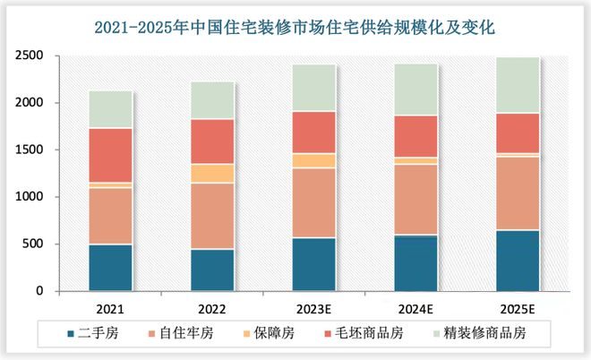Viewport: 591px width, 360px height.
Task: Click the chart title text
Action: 295,29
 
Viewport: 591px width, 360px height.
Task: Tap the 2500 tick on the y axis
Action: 30,56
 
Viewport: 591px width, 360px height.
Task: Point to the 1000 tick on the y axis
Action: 30,197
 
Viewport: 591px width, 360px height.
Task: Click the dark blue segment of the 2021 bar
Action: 111,268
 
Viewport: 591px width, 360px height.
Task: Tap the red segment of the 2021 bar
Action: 111,155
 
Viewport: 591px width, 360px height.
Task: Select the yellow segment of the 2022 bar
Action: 213,174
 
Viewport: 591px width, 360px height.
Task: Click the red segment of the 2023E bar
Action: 314,133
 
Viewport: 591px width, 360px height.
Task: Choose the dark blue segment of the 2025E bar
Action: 518,261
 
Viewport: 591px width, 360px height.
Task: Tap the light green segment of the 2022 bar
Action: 213,100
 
